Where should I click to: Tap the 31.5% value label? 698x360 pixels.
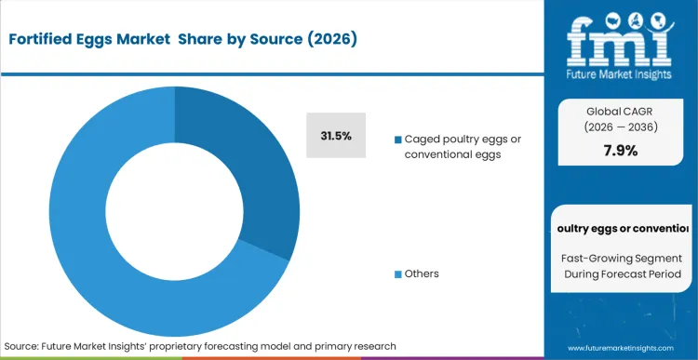point(336,136)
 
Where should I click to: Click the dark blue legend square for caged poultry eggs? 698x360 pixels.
point(398,140)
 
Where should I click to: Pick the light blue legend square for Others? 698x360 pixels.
point(398,273)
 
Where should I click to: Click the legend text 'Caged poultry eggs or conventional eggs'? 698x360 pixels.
point(462,146)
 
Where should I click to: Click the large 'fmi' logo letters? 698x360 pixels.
point(621,39)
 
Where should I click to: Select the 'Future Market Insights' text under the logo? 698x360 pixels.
point(621,74)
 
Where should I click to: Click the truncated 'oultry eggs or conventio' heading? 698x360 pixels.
point(621,228)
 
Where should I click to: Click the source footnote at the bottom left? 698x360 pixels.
point(200,345)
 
